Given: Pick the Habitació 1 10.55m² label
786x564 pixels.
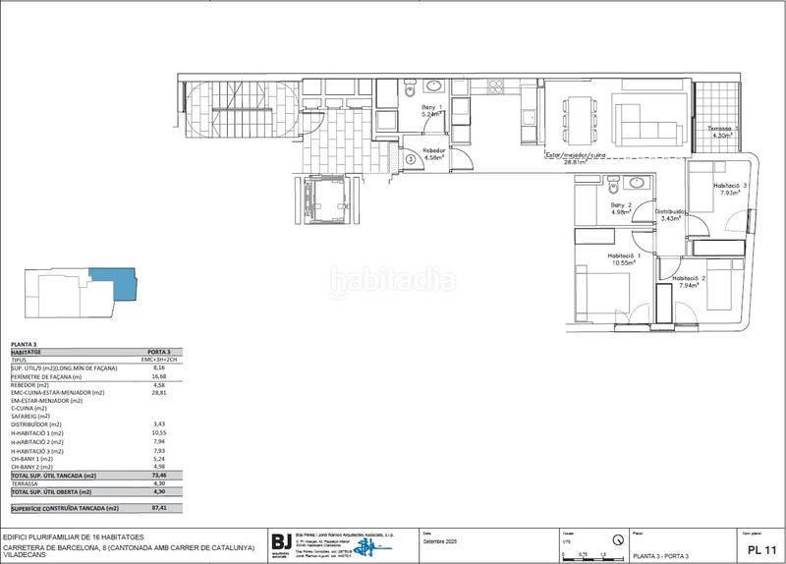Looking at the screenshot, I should tap(593, 259).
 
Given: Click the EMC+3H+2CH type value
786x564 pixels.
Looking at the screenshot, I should tap(157, 361).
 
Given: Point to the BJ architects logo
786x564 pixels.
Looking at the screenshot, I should tap(283, 542).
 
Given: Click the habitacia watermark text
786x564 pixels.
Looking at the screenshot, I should tap(392, 281).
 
